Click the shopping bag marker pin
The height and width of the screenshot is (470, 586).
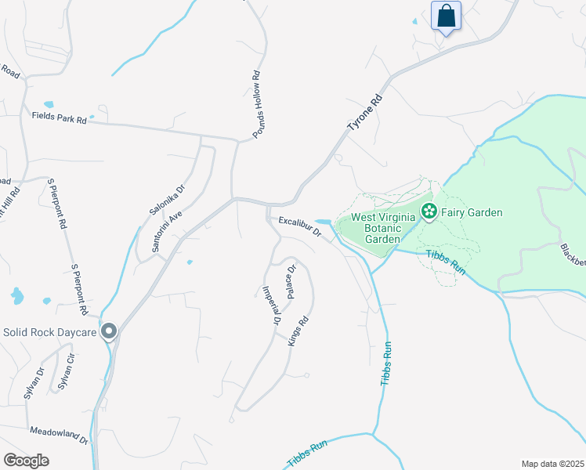[446, 16]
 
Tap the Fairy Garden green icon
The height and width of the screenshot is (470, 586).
[429, 211]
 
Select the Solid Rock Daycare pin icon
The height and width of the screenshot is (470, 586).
[109, 332]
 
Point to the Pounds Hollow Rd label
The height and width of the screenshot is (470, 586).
[256, 107]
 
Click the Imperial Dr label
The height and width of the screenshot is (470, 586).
[271, 304]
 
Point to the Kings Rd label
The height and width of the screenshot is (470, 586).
[295, 331]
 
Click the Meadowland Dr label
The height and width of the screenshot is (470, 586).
[59, 432]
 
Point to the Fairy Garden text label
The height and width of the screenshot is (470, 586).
[471, 212]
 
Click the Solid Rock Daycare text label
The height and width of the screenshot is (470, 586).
[50, 332]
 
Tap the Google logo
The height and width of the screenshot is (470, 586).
[26, 460]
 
